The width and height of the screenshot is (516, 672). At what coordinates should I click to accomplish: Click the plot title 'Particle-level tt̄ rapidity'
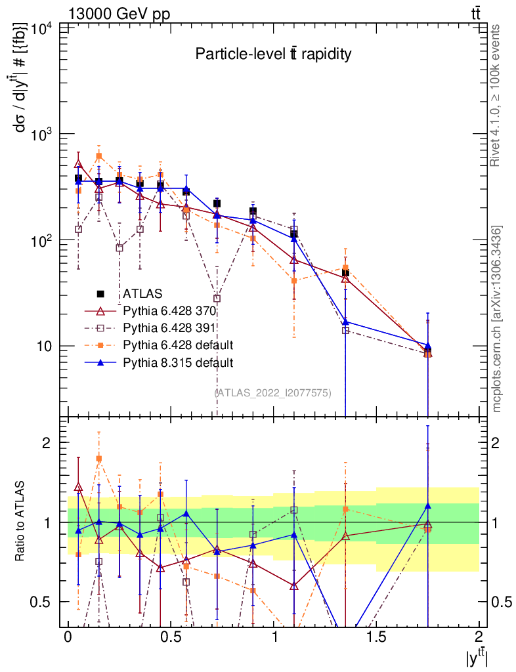point(273,54)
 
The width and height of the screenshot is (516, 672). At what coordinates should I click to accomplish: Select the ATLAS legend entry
point(142,293)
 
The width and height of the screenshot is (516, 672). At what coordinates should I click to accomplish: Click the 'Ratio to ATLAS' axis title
point(21,522)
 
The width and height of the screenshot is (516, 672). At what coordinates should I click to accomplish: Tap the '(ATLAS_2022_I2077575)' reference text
point(273,392)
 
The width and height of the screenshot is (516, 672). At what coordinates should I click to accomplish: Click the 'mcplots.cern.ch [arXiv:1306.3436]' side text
point(498,318)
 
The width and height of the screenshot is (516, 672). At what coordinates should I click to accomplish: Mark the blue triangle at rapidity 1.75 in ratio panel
point(427,506)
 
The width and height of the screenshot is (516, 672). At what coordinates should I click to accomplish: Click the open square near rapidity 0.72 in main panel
point(217,299)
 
